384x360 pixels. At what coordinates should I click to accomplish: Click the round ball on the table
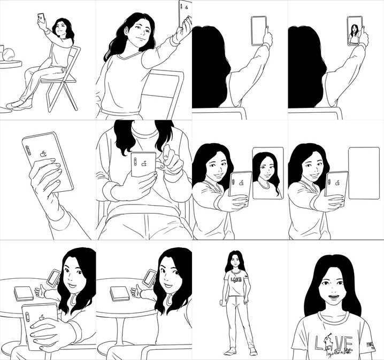10,53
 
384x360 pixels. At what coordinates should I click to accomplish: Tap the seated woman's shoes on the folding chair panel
16,104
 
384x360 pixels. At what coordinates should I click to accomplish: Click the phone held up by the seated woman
41,19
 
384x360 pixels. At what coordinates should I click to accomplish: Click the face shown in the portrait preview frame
266,173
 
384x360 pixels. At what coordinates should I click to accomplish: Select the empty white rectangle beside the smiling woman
364,174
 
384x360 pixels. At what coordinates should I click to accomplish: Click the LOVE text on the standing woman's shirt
236,279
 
